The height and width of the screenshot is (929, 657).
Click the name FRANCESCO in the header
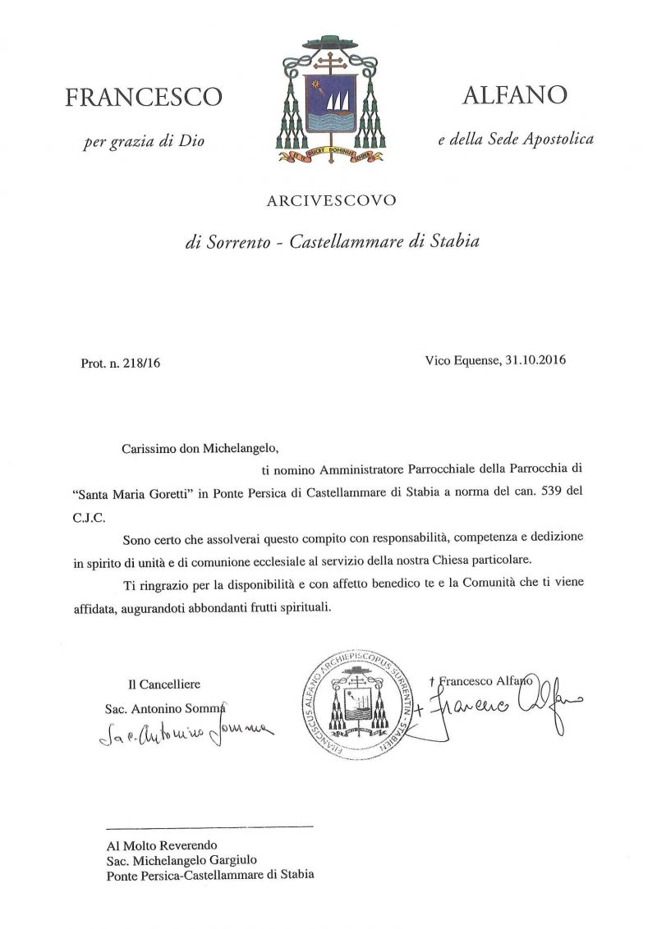(x=143, y=98)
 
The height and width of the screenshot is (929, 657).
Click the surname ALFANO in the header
(x=514, y=95)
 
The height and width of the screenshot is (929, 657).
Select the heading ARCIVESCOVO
(x=331, y=199)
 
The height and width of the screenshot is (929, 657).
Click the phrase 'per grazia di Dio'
(x=144, y=141)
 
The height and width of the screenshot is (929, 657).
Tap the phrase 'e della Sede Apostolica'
(x=515, y=140)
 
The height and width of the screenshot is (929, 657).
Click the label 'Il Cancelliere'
(x=163, y=684)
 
